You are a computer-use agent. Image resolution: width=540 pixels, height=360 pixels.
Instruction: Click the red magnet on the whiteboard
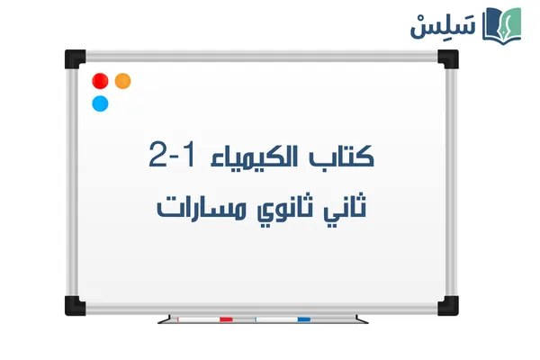[x=100, y=81]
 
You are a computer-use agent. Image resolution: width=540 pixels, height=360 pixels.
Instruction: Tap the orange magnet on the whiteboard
[x=123, y=81]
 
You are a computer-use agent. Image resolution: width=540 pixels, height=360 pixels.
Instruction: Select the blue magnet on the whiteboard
[x=100, y=103]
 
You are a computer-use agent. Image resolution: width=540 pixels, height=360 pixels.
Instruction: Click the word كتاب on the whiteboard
[x=346, y=155]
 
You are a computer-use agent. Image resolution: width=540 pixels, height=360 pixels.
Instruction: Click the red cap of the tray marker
[x=226, y=318]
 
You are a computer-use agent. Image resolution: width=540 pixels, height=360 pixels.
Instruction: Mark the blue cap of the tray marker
[x=303, y=318]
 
